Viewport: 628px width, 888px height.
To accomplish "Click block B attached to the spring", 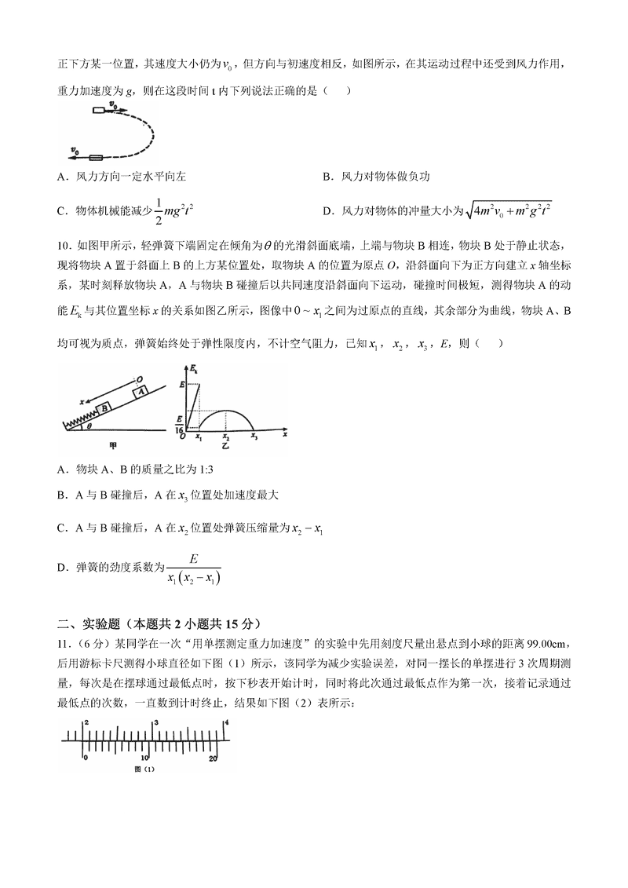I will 103,409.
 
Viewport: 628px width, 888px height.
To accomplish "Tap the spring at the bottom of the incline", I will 79,422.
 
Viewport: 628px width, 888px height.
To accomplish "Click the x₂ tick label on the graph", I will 226,436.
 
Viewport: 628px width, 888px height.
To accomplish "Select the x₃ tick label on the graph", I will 254,436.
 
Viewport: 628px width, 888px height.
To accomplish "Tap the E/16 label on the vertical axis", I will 179,425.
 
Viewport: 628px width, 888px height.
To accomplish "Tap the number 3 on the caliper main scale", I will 156,721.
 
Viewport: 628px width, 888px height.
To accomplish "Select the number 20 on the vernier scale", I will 213,758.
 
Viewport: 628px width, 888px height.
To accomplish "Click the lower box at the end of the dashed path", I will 96,157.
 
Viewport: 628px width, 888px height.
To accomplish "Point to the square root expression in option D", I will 509,210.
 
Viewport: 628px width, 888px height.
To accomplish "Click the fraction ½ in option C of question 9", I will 162,210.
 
